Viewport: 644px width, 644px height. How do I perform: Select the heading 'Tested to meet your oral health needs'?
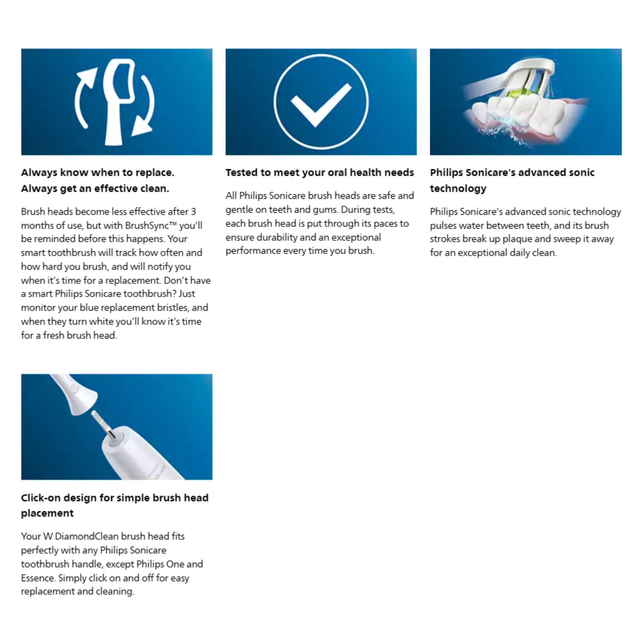319,172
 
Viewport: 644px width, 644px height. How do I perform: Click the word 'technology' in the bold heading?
458,188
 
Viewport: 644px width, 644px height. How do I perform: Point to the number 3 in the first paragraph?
193,212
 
